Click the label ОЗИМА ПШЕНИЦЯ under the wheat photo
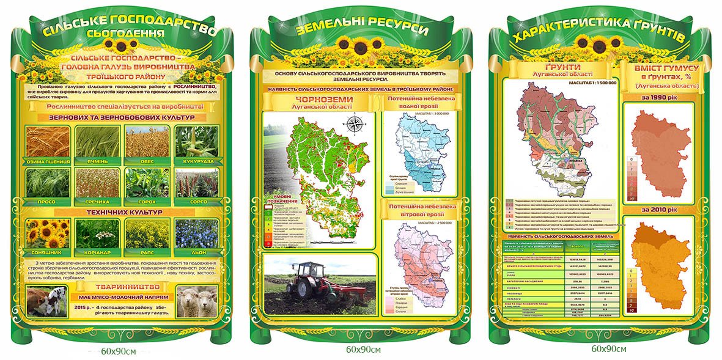48,162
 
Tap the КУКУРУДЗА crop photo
196,141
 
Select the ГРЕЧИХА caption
98,202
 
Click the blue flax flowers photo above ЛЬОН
196,233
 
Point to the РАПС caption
147,251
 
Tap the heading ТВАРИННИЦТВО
122,287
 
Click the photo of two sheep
196,301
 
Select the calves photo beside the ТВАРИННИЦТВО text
47,301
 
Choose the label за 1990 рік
657,97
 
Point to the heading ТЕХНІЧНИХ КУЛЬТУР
122,212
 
